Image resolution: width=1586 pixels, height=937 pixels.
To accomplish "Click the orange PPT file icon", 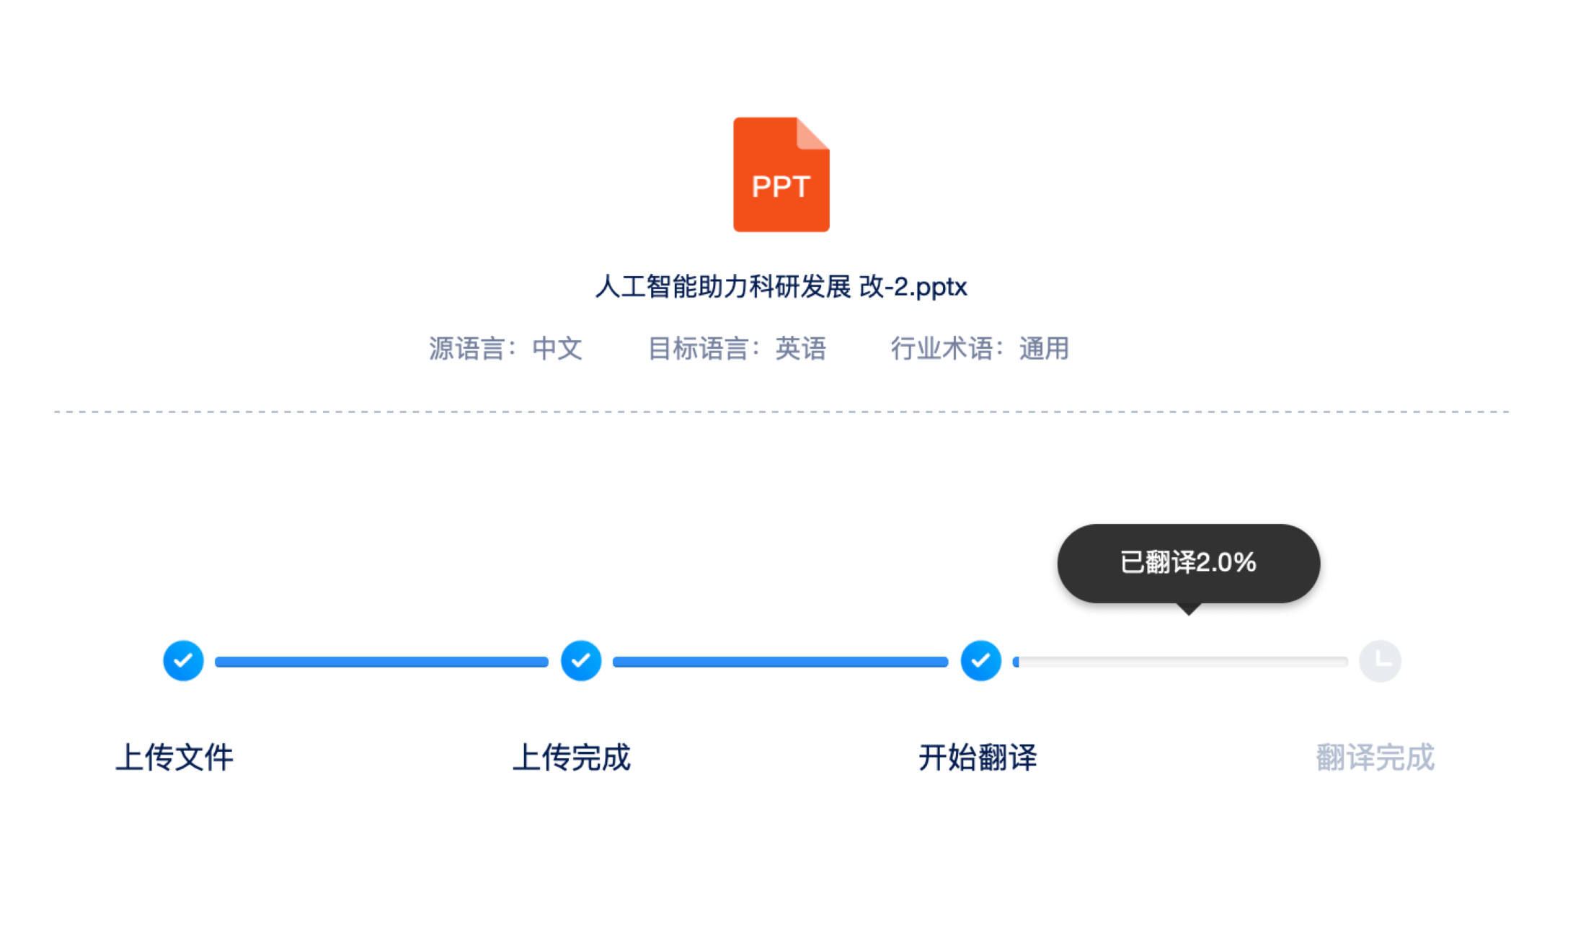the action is tap(781, 174).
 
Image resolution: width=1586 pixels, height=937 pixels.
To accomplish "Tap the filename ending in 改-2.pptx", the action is tap(781, 287).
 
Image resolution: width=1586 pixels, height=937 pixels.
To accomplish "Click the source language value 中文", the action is tap(557, 349).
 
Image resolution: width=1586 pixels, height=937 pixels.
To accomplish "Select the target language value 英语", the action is tap(800, 349).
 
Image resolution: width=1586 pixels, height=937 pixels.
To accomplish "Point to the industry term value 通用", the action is tap(1044, 349).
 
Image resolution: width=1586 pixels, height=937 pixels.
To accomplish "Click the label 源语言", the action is tap(466, 349).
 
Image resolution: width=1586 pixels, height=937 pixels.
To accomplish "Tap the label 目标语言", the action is tap(698, 349).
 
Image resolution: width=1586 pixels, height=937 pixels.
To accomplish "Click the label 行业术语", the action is tap(942, 349).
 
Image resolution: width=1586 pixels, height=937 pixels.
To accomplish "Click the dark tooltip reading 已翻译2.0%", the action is tap(1189, 564).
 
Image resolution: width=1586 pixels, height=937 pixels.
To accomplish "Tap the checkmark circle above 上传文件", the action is tap(183, 660).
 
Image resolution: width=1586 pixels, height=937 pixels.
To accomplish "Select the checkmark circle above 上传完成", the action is tap(581, 660).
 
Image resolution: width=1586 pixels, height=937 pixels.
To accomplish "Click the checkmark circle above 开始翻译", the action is tap(980, 660).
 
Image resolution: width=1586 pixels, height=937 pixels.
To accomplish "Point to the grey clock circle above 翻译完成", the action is tap(1380, 661).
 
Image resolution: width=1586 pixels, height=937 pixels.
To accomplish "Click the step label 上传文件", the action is tap(174, 758).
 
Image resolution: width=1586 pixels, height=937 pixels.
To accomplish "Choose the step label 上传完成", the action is tap(572, 758).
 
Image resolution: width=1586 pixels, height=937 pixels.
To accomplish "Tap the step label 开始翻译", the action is tap(978, 758).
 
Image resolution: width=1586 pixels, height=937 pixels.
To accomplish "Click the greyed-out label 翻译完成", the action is tap(1375, 758).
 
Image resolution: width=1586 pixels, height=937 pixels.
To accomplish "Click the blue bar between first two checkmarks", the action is tap(381, 662).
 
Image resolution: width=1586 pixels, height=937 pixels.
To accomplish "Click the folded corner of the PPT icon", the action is tap(812, 133).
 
